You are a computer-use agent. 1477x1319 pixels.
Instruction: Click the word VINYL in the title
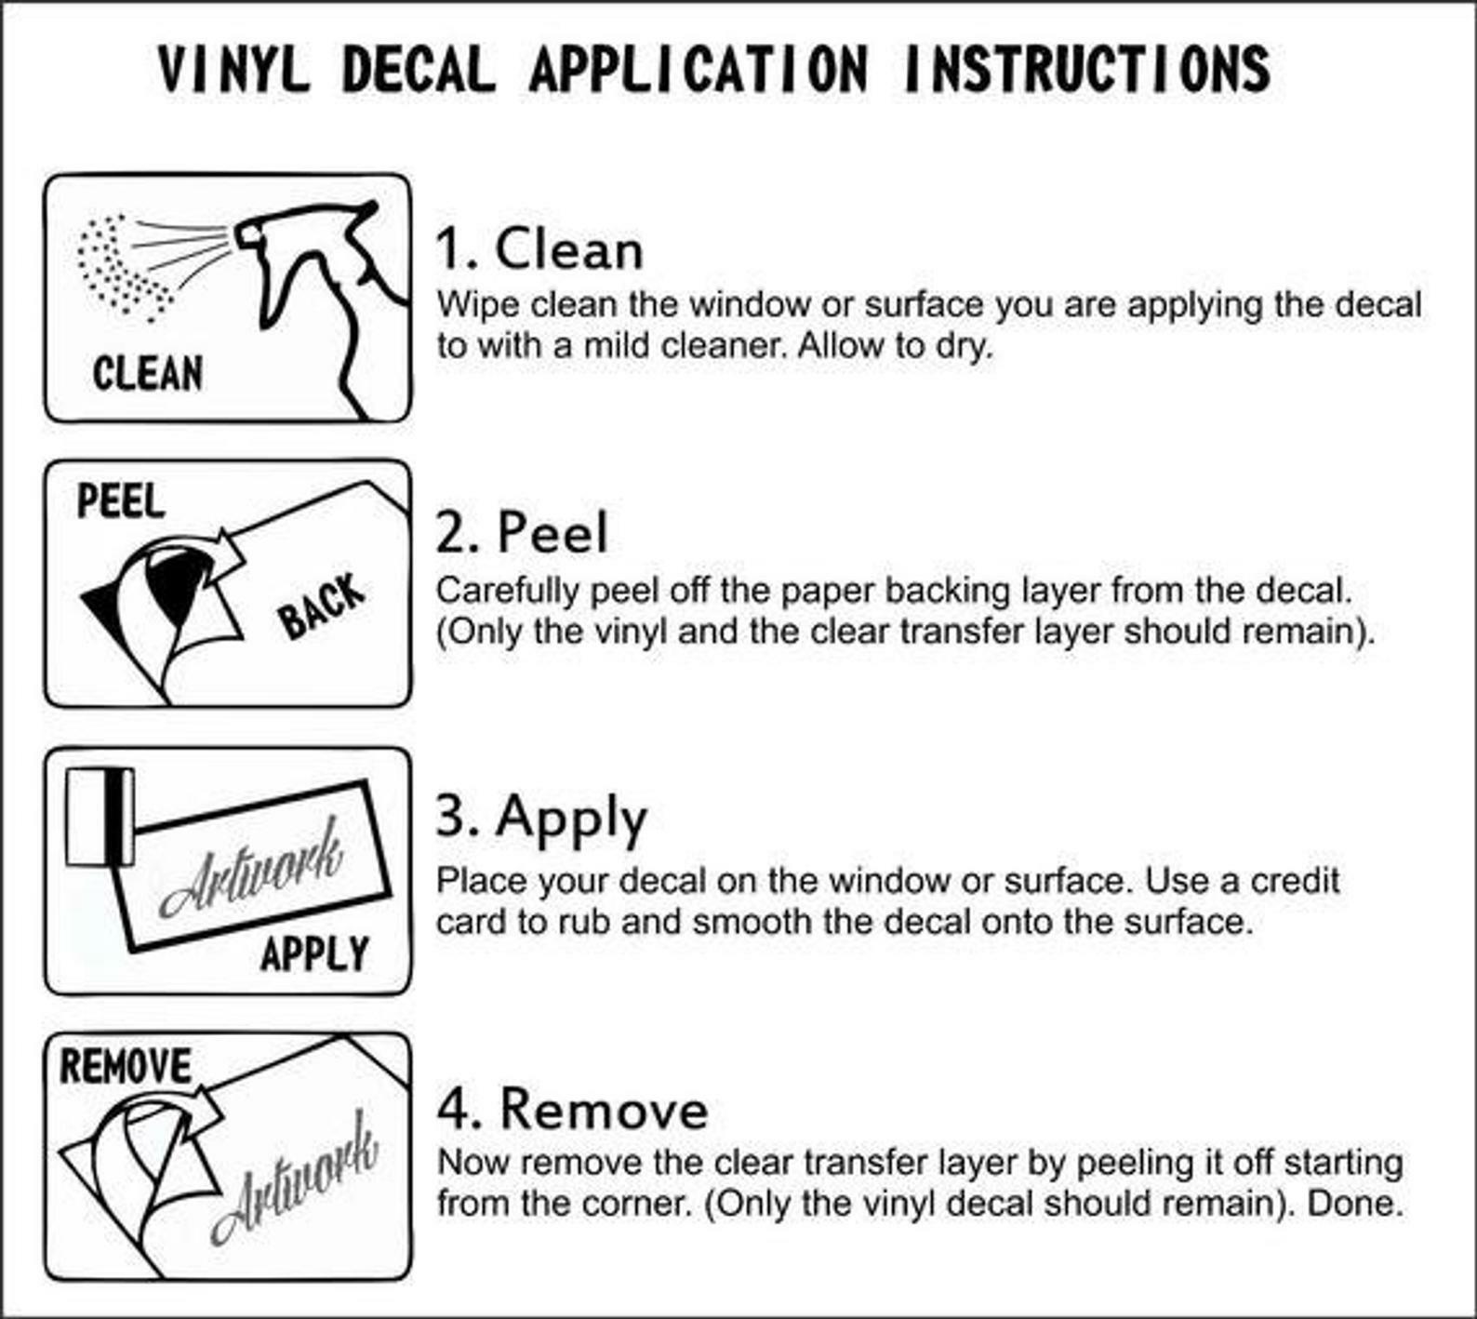point(233,69)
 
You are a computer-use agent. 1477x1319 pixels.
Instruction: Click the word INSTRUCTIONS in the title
point(1086,69)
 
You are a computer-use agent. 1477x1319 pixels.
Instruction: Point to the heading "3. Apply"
point(541,819)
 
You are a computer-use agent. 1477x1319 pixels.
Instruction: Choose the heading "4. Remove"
point(573,1109)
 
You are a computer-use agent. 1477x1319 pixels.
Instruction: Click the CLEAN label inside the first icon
point(148,373)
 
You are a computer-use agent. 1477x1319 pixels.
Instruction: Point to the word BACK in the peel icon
point(321,606)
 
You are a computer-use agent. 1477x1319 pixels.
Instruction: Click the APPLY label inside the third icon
point(314,953)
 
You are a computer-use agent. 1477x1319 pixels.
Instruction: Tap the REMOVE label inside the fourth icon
point(126,1066)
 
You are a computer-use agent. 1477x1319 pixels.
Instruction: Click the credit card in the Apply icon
point(100,817)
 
